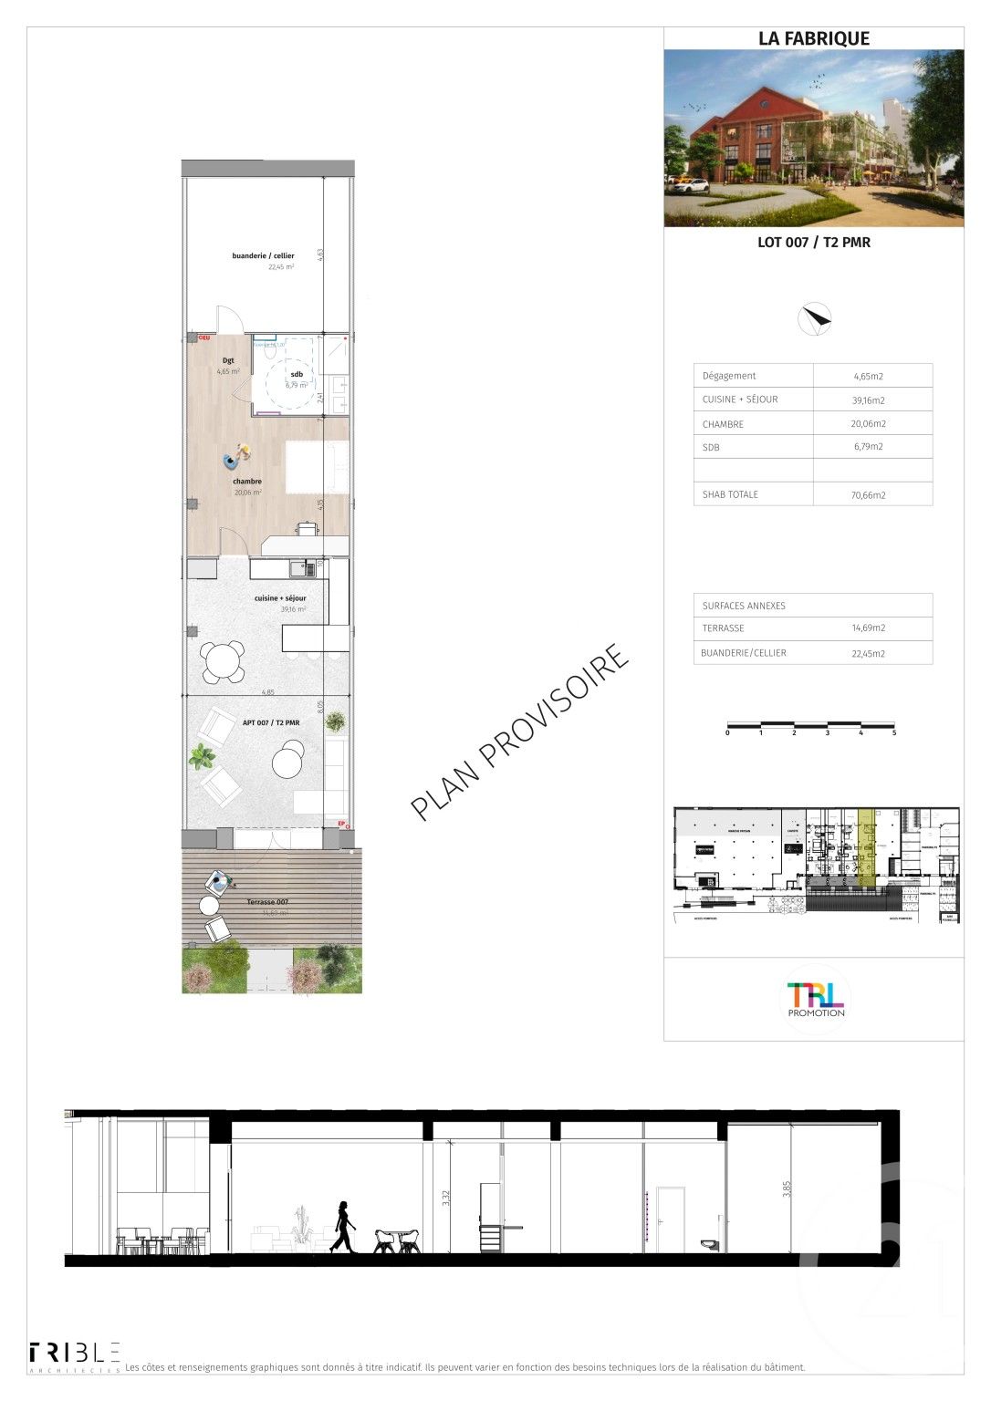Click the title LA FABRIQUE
[x=814, y=38]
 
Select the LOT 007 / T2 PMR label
[x=813, y=243]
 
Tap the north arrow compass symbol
[x=814, y=317]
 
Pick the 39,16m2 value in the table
[x=868, y=400]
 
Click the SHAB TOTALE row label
[x=730, y=494]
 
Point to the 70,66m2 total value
[x=868, y=495]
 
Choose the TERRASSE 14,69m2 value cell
[x=868, y=628]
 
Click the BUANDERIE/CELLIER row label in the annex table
[x=743, y=653]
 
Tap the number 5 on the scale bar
[x=894, y=733]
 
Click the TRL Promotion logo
[x=815, y=998]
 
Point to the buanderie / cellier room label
[x=263, y=256]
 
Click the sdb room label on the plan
[x=297, y=375]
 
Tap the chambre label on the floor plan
[x=247, y=482]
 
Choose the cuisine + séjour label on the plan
[x=280, y=598]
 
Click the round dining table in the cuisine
[x=223, y=661]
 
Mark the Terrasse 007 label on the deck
[x=267, y=902]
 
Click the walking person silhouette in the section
[x=344, y=1227]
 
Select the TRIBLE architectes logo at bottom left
[x=75, y=1356]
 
